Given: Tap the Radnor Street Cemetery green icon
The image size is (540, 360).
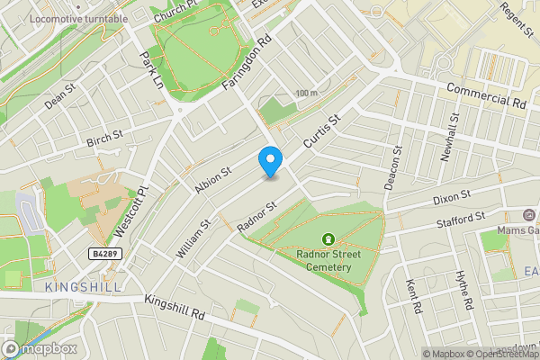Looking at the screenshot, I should coord(328,239).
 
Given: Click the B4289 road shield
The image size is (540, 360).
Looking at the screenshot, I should coord(105,255).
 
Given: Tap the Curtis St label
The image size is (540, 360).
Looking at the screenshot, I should coord(324,131).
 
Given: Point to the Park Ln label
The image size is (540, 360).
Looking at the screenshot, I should coord(149,69).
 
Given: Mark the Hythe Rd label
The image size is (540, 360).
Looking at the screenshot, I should coord(464,291).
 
